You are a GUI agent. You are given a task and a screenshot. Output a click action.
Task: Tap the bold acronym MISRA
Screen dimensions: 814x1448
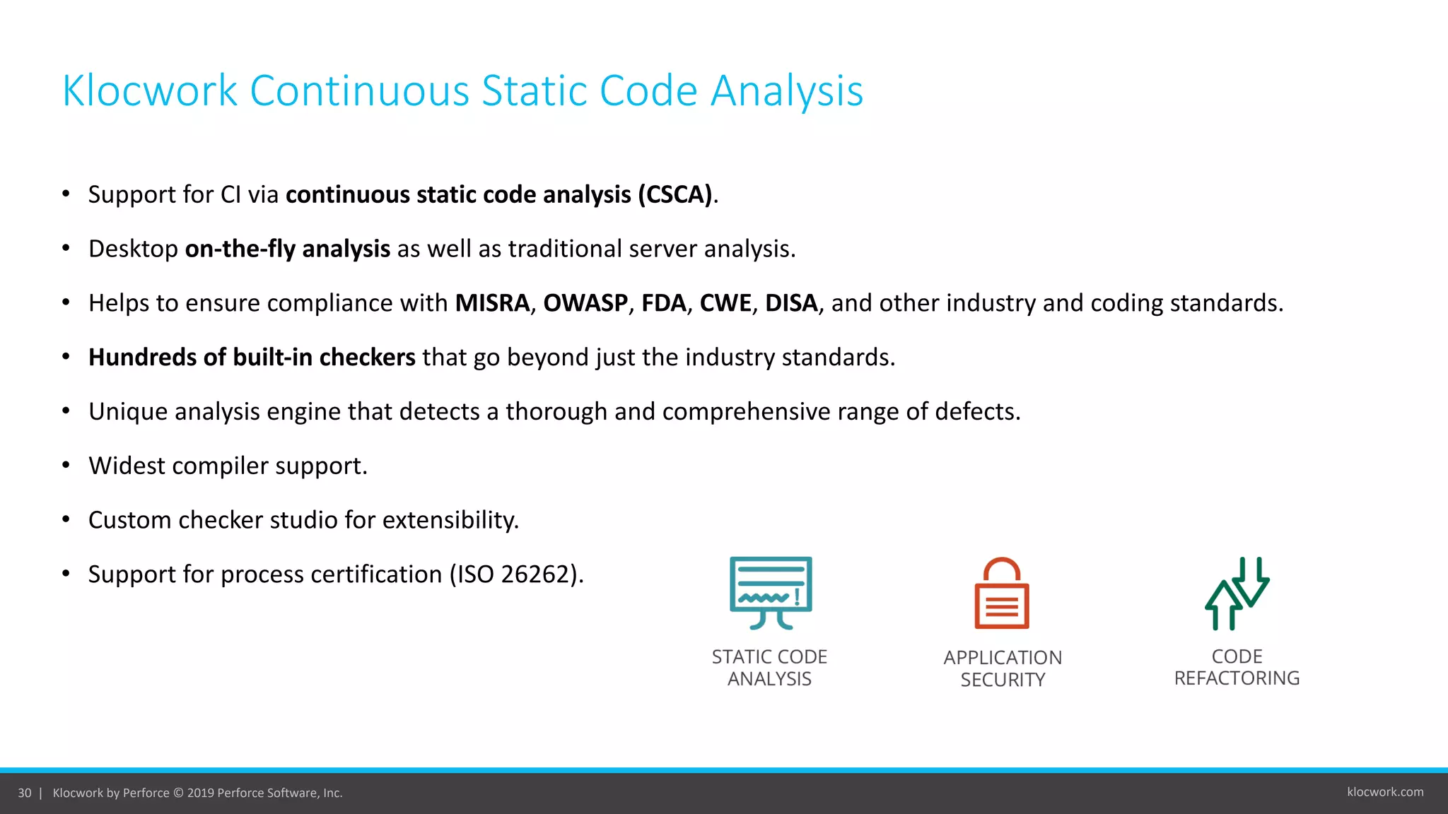(x=492, y=303)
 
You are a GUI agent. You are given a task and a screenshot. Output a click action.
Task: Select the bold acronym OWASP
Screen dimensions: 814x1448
(x=585, y=303)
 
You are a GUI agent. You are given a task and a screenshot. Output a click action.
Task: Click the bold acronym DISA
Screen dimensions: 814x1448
(x=791, y=303)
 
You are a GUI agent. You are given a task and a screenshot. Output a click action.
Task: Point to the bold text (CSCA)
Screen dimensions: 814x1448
(x=675, y=194)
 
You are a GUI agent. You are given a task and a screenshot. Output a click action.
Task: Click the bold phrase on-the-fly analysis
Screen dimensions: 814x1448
(x=287, y=249)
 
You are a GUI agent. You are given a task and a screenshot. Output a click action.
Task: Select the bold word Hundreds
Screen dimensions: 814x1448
(x=142, y=358)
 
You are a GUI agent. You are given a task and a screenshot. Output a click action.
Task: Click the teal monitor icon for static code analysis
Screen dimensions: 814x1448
(x=771, y=592)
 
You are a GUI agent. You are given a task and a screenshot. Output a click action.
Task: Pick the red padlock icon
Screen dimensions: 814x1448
(x=1002, y=594)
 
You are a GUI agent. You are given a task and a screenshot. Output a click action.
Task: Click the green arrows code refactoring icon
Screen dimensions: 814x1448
(x=1237, y=594)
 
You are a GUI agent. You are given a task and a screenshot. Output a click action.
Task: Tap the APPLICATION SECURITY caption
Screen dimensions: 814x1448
(x=1003, y=668)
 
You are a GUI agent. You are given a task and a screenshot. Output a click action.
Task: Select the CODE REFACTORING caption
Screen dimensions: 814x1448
(x=1237, y=667)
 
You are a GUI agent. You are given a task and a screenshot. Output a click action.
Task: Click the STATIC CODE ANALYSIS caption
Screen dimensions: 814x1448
(x=769, y=668)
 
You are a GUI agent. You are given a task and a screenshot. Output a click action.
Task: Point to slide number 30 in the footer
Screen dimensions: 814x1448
(x=25, y=793)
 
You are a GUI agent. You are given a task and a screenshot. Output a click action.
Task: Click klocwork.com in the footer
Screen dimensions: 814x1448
(x=1385, y=792)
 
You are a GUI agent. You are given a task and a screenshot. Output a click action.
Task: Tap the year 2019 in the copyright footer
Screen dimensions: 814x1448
(x=200, y=793)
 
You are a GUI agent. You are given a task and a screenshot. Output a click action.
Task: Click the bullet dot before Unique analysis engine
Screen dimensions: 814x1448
(x=66, y=411)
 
